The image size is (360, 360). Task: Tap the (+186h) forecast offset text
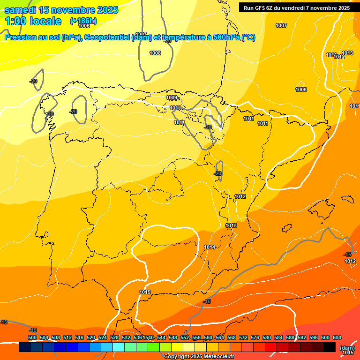pos(83,21)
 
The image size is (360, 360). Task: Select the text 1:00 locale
pos(33,21)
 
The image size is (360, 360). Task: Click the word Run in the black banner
pos(249,7)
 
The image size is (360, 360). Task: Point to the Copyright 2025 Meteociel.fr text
pos(199,357)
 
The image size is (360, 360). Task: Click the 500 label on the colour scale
pos(32,338)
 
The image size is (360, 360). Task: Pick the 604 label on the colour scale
pos(337,338)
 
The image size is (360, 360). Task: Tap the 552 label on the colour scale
pos(185,338)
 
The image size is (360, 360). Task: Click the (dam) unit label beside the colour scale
pos(347,348)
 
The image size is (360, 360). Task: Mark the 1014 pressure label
pos(210,247)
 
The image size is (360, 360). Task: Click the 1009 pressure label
pos(172,97)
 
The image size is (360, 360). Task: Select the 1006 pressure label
pos(84,26)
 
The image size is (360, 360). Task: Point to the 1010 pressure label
pos(175,108)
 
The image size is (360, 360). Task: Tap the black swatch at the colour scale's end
pos(329,347)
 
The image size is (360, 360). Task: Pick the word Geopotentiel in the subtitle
pos(108,38)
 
